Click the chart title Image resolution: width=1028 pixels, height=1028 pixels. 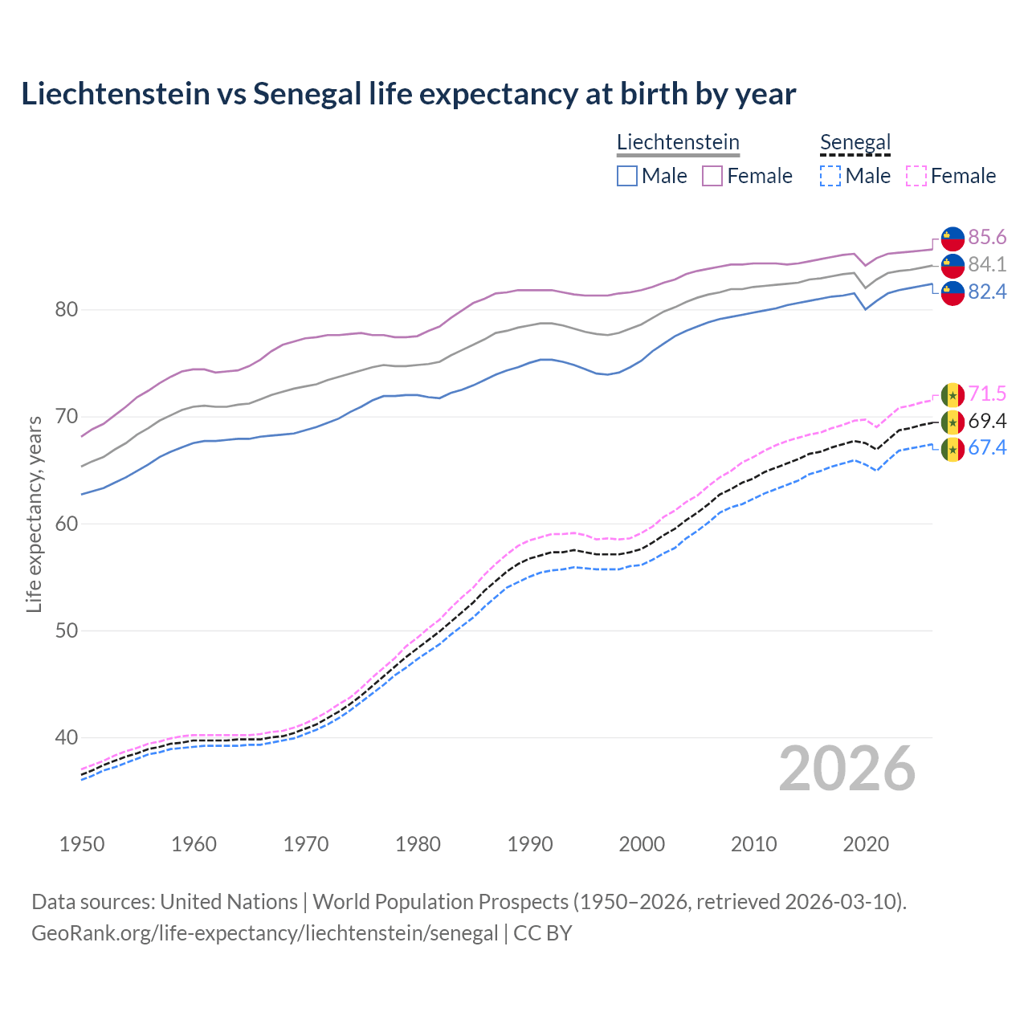coord(408,94)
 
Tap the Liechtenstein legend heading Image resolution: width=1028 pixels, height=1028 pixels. coord(678,142)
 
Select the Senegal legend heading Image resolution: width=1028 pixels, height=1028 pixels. coord(855,142)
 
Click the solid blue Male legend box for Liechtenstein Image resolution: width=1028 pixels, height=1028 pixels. coord(627,176)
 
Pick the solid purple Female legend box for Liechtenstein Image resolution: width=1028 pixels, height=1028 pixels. coord(712,176)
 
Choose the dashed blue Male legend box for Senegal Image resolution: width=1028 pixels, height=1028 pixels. coord(830,176)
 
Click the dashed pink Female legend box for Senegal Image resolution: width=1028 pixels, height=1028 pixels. coord(916,176)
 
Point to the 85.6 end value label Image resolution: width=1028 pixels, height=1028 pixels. coord(987,237)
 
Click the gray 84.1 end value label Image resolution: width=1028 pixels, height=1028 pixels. coord(987,264)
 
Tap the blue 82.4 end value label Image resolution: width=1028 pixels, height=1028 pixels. coord(987,292)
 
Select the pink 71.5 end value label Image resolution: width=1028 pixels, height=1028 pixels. coord(987,394)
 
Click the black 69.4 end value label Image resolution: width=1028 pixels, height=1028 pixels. coord(987,421)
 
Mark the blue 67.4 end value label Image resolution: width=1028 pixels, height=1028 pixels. coord(987,447)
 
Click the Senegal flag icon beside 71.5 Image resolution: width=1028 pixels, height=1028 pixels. coord(953,395)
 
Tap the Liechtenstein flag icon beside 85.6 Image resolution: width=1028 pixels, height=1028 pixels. coord(953,239)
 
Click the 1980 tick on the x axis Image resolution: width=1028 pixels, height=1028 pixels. coord(418,844)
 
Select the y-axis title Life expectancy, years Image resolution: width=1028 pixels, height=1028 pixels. coord(35,514)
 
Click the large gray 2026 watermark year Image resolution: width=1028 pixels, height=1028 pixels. coord(847,769)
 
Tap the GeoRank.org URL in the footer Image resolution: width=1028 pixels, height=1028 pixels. coord(265,933)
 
